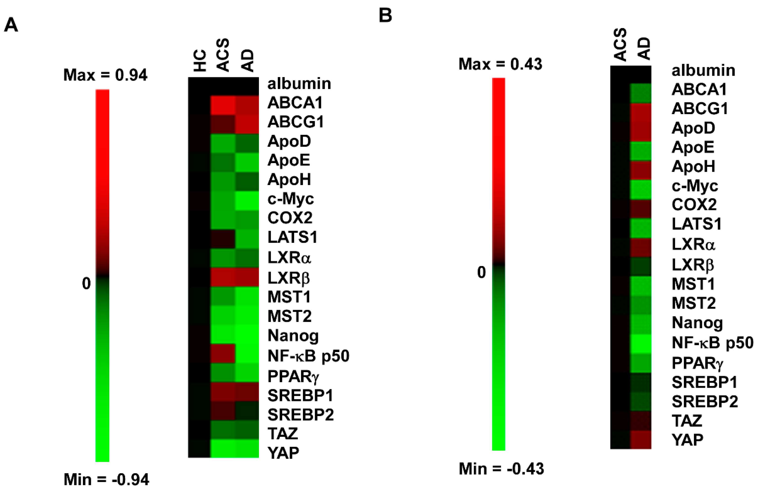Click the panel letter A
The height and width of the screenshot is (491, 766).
click(x=11, y=25)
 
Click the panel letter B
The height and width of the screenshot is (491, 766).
click(x=385, y=15)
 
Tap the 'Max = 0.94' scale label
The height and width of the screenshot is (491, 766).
click(x=105, y=75)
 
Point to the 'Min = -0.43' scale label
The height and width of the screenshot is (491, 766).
click(x=501, y=469)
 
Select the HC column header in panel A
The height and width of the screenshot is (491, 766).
click(x=200, y=61)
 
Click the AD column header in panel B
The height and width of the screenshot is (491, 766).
click(x=644, y=49)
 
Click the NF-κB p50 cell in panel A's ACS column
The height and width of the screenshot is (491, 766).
click(x=223, y=354)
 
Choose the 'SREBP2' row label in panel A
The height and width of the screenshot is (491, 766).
click(x=300, y=414)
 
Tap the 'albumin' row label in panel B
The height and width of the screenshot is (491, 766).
click(x=703, y=70)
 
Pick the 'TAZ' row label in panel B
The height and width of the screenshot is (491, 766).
click(x=687, y=421)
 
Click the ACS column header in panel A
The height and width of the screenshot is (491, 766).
click(x=223, y=55)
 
